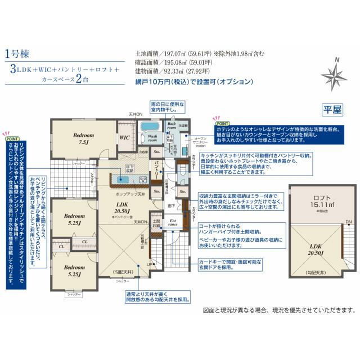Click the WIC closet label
pos(124,137)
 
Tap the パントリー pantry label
pos(159,169)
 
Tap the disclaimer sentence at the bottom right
pos(280,310)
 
